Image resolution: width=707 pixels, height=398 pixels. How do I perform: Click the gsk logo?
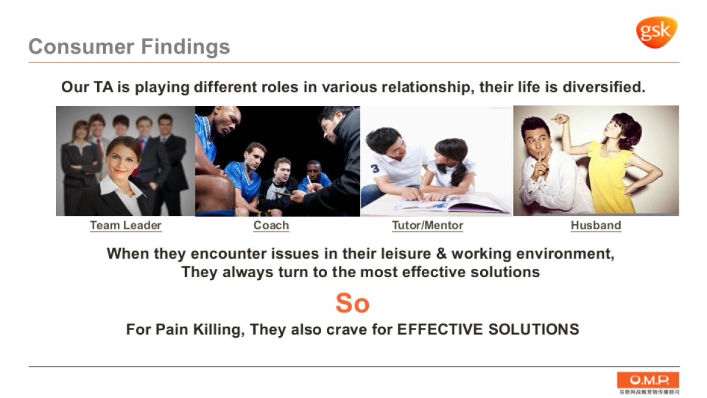(656, 32)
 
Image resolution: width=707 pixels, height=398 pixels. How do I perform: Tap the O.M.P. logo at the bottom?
(648, 383)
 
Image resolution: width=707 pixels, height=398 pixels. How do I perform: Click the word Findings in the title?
(185, 47)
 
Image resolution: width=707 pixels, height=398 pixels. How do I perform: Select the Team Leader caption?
(125, 225)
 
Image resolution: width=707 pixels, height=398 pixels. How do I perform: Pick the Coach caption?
(271, 225)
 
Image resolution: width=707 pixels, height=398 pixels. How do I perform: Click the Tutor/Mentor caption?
(427, 225)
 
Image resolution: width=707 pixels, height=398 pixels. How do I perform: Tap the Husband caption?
(596, 225)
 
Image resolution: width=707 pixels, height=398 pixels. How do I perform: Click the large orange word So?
(352, 303)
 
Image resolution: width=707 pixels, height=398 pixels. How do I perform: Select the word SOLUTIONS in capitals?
(534, 330)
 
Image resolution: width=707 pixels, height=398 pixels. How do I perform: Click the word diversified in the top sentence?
(604, 87)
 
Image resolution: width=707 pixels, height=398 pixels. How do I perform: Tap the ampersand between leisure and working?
(441, 254)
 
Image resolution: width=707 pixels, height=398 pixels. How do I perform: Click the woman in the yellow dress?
(607, 165)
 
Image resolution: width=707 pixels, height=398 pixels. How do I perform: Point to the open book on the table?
(451, 205)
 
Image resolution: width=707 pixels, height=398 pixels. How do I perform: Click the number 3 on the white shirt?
(375, 169)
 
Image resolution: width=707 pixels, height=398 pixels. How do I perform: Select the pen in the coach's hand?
(310, 180)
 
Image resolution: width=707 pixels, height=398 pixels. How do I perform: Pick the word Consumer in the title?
(81, 47)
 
